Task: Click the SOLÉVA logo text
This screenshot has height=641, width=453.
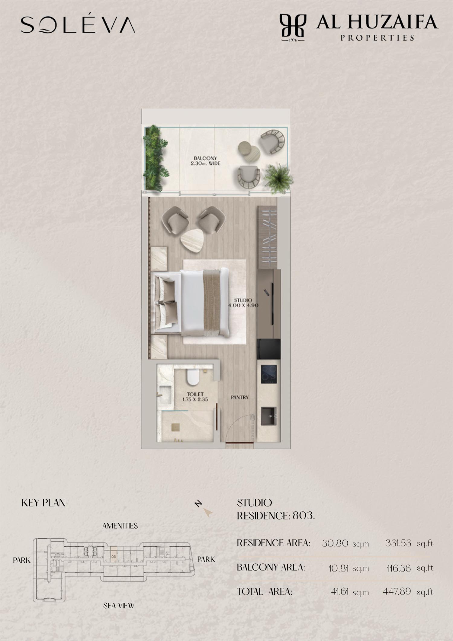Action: pyautogui.click(x=78, y=24)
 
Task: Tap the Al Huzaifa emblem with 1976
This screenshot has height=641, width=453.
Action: pyautogui.click(x=293, y=28)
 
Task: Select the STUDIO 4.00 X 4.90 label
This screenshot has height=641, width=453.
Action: pyautogui.click(x=243, y=303)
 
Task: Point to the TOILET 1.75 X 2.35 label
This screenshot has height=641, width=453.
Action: pyautogui.click(x=195, y=397)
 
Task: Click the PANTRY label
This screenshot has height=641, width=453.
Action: pyautogui.click(x=239, y=397)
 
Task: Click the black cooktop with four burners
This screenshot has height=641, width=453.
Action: pyautogui.click(x=269, y=374)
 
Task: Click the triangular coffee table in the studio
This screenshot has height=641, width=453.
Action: pyautogui.click(x=192, y=241)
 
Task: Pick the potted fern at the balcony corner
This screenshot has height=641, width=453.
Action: pyautogui.click(x=278, y=178)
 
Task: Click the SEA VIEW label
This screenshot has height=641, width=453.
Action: pyautogui.click(x=119, y=606)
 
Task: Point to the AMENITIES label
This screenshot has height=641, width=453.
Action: pyautogui.click(x=120, y=526)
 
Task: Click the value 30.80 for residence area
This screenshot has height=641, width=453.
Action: pyautogui.click(x=335, y=543)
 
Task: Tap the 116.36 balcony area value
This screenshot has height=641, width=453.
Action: pyautogui.click(x=399, y=568)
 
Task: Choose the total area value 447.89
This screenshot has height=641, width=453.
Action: pyautogui.click(x=397, y=591)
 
